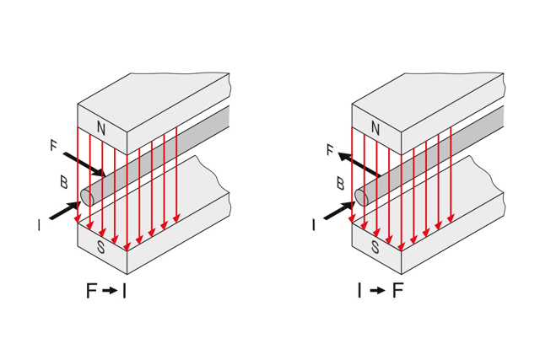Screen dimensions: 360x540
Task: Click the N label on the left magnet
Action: pyautogui.click(x=101, y=129)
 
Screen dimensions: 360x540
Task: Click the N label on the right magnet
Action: pyautogui.click(x=375, y=129)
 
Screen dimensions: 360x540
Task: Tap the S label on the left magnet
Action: pyautogui.click(x=101, y=248)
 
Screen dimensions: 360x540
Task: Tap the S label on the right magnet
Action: pyautogui.click(x=375, y=248)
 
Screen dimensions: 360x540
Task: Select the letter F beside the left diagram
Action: pyautogui.click(x=53, y=146)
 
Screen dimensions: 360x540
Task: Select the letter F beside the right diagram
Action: pyautogui.click(x=330, y=151)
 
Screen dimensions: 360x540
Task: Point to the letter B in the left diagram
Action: pyautogui.click(x=63, y=181)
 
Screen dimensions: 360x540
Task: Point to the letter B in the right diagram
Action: pyautogui.click(x=339, y=181)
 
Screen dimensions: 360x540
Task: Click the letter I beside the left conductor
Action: pyautogui.click(x=39, y=225)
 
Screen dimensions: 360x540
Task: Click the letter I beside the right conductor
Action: pyautogui.click(x=314, y=225)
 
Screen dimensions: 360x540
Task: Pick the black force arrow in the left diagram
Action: pyautogui.click(x=84, y=164)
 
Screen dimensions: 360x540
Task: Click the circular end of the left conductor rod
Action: pyautogui.click(x=86, y=197)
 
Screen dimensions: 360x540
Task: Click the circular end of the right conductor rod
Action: pyautogui.click(x=361, y=197)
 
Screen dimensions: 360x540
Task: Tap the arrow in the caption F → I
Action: pyautogui.click(x=109, y=292)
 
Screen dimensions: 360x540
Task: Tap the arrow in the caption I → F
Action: pyautogui.click(x=376, y=292)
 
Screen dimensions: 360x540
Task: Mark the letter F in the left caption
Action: pyautogui.click(x=92, y=292)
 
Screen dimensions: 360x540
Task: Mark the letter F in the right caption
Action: pyautogui.click(x=397, y=292)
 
